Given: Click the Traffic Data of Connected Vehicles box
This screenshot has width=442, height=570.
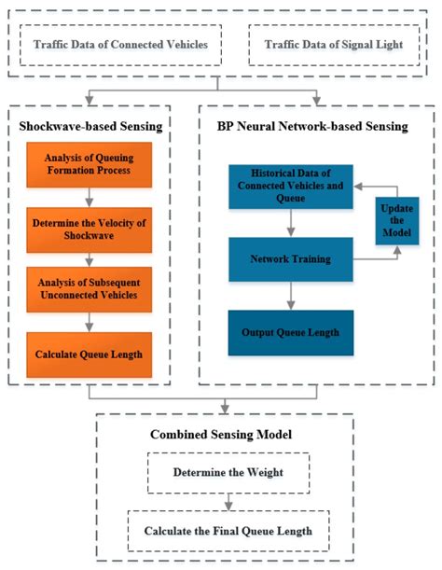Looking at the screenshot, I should coord(121,44).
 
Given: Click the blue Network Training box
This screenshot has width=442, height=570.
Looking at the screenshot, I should coord(291,258).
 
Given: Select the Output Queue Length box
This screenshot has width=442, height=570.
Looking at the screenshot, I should coord(291,333).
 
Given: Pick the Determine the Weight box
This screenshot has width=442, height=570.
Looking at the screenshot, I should coord(227,472).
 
